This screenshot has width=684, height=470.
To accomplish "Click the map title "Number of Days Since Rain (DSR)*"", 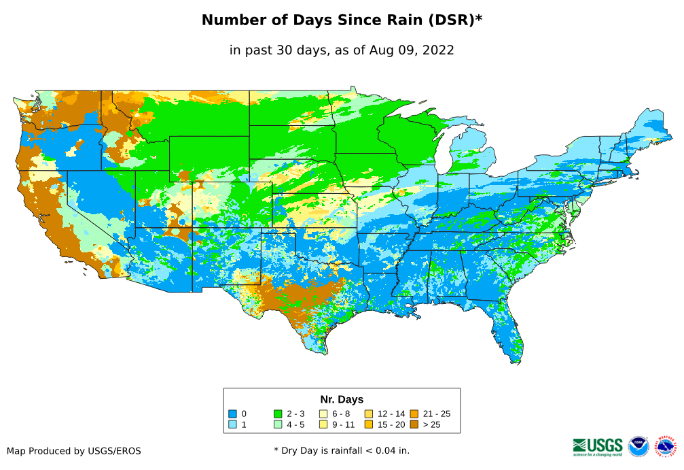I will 342,20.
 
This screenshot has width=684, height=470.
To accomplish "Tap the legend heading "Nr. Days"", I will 342,399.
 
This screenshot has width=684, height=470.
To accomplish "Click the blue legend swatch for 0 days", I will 232,414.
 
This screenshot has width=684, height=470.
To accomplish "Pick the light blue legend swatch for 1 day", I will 232,425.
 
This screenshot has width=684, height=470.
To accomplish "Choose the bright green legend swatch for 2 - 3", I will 278,414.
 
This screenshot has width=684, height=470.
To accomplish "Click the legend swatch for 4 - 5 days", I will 278,425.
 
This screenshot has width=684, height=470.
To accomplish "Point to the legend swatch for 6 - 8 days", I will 323,414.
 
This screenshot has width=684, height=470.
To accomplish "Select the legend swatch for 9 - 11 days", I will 323,425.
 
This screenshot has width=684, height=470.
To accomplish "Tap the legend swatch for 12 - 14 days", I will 369,414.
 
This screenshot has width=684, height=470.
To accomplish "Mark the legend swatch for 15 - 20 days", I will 369,425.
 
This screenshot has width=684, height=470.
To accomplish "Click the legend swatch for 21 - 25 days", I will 414,414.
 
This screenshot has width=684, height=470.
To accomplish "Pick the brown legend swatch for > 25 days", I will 414,425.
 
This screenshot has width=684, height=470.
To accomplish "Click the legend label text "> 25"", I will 431,425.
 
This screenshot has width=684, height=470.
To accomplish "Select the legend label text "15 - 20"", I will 391,425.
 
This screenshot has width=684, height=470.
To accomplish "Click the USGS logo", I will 598,446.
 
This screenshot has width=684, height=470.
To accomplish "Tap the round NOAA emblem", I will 638,446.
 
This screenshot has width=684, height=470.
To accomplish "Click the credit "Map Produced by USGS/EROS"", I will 74,451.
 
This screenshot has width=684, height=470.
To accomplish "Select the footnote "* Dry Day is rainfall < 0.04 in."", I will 342,450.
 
